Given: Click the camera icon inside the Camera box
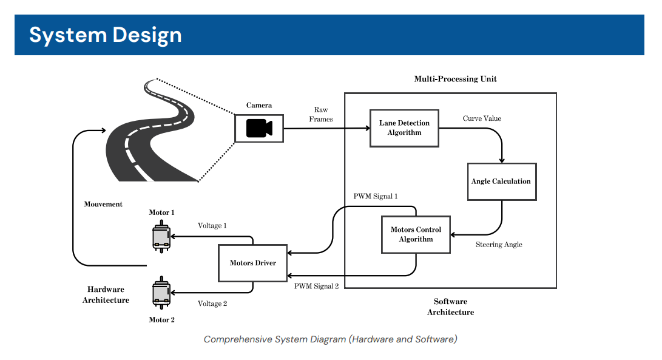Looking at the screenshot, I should point(259,128).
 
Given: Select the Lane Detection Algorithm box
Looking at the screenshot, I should point(404,128).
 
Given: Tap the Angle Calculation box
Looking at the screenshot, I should point(501,182).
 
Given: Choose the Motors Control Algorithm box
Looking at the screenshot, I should point(416,234).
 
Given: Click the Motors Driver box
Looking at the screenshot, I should point(252,263).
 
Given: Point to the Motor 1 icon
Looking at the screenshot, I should point(161,236).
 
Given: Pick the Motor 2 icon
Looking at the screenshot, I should point(161,294).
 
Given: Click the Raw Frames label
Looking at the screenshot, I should point(321,115).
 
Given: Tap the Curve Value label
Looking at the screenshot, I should point(482,118).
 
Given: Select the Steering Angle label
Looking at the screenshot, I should point(499,245).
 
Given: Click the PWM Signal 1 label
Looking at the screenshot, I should point(376,197).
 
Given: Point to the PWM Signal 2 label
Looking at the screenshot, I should point(316,286).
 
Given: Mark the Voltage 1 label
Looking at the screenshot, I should point(212,225).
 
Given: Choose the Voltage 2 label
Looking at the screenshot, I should point(212,304).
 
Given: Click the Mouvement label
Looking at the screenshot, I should point(103,205).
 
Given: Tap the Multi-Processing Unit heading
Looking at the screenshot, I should point(455,79).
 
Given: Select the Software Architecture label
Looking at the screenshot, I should point(450,307).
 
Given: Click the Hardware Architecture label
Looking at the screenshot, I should point(106,295).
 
